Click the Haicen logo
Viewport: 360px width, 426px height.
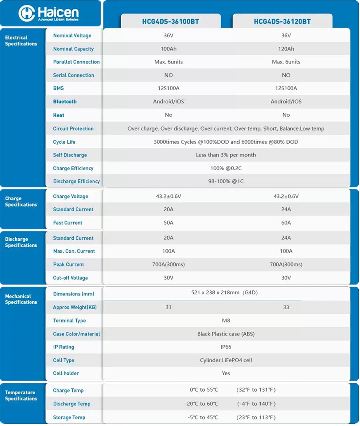(48, 13)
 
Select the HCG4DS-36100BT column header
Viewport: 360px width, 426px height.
(170, 22)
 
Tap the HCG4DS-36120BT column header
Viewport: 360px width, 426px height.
(282, 22)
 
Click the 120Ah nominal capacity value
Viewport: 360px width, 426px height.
(286, 49)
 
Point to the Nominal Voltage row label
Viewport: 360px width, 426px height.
(72, 36)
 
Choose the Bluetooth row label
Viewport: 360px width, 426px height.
(65, 102)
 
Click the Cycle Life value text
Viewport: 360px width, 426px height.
(226, 142)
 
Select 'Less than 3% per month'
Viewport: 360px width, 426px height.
(226, 155)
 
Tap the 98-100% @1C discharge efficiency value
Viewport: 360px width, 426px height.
(226, 181)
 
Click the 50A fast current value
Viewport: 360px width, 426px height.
(168, 223)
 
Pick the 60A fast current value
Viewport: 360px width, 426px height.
(286, 223)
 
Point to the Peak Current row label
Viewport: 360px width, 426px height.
(68, 265)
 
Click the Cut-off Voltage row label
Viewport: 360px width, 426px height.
(70, 278)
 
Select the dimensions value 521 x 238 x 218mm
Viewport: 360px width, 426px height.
(224, 293)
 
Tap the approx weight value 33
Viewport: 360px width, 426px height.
(286, 307)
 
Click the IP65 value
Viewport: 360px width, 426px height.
(226, 347)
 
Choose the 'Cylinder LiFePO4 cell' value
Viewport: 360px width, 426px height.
(226, 360)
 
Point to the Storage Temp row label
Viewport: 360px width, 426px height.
(69, 418)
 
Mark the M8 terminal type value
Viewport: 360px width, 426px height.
(226, 320)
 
